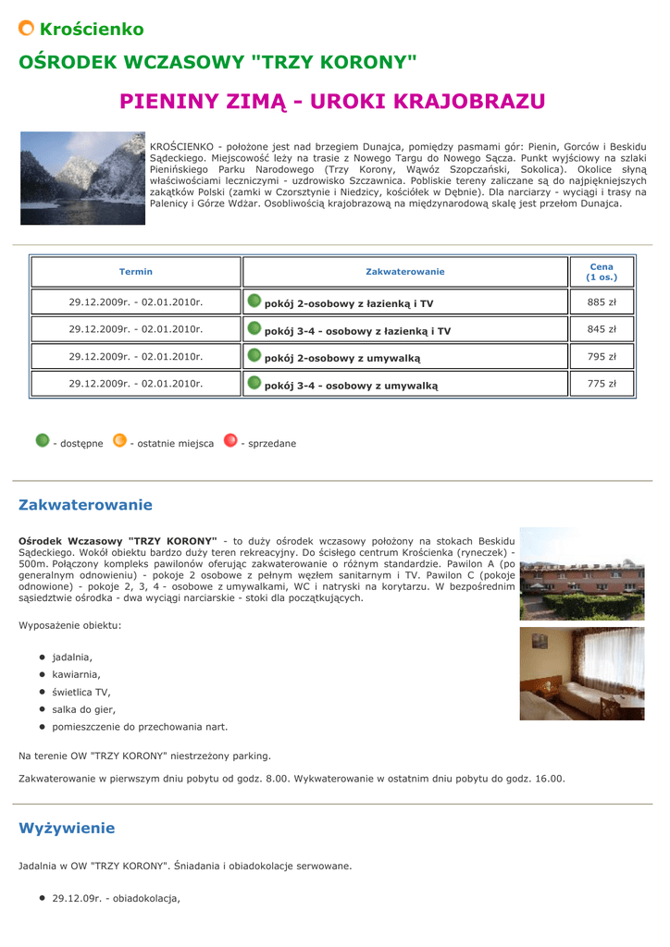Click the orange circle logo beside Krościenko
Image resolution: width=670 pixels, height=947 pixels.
coord(27,29)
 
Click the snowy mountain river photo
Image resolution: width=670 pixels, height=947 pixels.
coord(83,178)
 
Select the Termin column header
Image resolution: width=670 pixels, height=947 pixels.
coord(136,272)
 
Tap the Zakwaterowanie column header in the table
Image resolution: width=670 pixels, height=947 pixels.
coord(404,272)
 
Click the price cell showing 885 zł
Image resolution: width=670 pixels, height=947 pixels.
coord(602,301)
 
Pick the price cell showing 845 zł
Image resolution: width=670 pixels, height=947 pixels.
coord(602,328)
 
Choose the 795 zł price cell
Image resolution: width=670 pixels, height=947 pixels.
coord(602,356)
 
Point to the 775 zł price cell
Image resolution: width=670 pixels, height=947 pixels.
coord(602,383)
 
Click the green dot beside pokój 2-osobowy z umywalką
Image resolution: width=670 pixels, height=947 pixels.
coord(254,355)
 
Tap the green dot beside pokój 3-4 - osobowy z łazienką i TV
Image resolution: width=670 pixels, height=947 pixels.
coord(254,328)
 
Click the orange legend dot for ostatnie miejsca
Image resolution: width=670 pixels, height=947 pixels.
coord(119,440)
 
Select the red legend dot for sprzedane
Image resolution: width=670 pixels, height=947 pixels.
coord(230,440)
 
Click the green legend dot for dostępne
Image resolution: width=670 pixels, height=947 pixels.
coord(42,440)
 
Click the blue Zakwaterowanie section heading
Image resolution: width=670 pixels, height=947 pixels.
coord(85,505)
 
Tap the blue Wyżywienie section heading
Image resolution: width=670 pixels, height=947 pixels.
coord(67,828)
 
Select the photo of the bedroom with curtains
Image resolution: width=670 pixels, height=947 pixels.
coord(581,673)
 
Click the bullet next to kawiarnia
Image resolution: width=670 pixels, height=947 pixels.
coord(43,674)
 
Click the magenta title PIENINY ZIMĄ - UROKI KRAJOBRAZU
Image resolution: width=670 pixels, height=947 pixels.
coord(332,101)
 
